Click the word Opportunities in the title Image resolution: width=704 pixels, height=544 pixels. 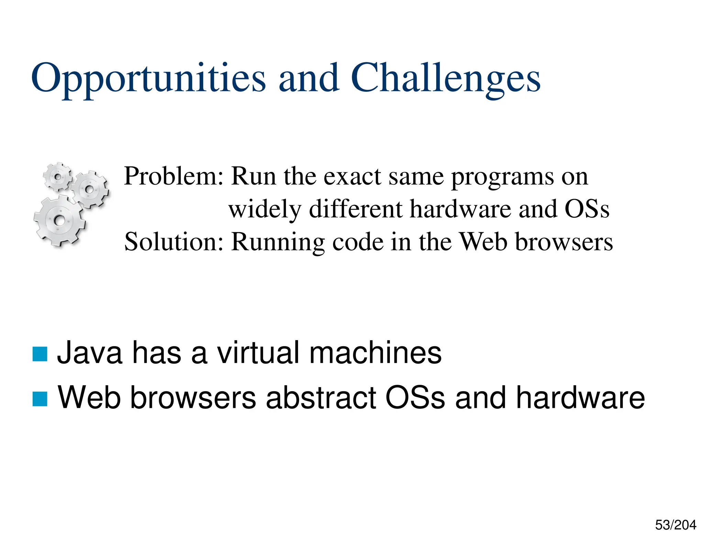click(148, 78)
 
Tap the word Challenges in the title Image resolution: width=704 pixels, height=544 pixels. click(445, 78)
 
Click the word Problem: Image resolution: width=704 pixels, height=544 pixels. click(174, 176)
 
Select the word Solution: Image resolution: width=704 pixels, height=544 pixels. click(174, 242)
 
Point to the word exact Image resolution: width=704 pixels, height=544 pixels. click(353, 176)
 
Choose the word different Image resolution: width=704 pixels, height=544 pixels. click(356, 209)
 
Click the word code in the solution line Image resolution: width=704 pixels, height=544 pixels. click(357, 242)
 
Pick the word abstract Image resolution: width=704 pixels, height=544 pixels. click(321, 398)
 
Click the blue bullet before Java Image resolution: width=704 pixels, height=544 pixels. click(40, 354)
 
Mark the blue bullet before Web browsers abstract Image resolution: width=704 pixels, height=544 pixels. click(40, 399)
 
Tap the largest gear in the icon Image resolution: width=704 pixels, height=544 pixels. click(59, 220)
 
